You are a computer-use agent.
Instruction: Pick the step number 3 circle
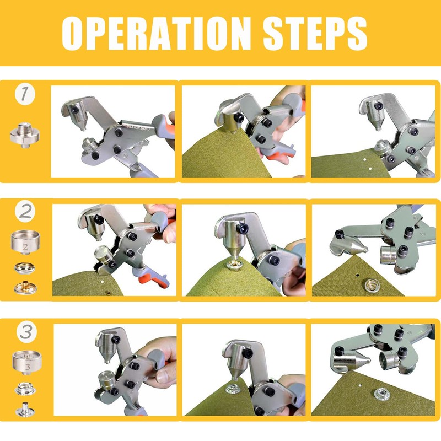click(x=24, y=331)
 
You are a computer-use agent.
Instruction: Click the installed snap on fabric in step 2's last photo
click(x=375, y=284)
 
